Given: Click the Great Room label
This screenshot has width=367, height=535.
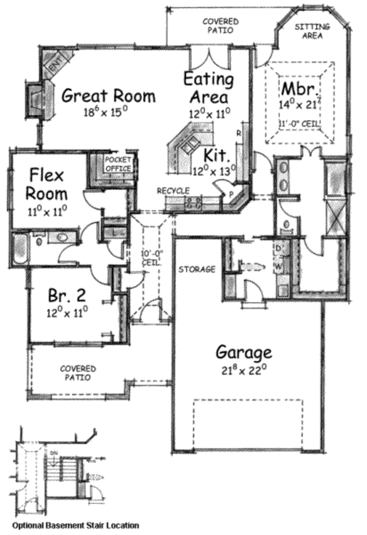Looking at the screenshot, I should pos(108,96).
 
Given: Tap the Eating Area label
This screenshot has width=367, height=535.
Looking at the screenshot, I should pos(209,88).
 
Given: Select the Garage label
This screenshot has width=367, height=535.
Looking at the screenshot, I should pos(243,353).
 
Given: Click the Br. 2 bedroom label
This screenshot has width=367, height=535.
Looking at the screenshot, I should pos(67,296).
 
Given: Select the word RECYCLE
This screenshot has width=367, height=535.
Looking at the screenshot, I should pos(173,191).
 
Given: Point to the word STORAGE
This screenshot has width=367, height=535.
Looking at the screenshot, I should pos(197,269).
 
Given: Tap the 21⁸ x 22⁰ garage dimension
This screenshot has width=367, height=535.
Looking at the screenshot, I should pos(243,369).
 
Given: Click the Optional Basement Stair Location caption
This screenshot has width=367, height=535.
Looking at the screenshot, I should pos(74,525).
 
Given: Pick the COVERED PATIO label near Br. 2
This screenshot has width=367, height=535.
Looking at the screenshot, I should pos(78,373).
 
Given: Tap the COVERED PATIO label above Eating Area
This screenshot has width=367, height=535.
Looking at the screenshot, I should pos(220,25).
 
